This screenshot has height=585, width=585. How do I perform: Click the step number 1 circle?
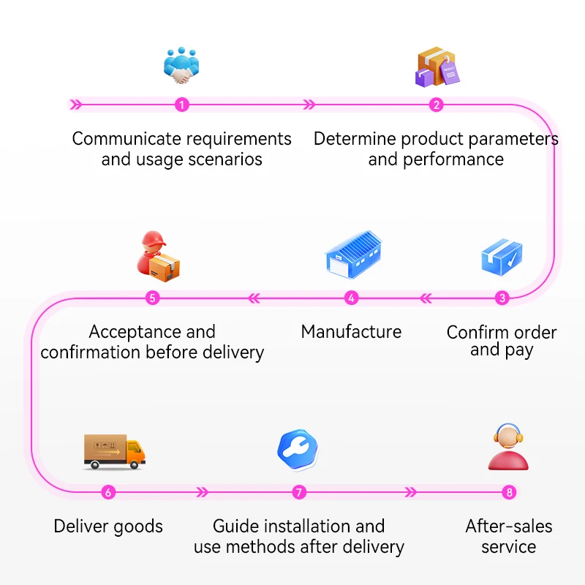[x=182, y=105]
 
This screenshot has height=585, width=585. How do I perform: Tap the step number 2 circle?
[x=437, y=105]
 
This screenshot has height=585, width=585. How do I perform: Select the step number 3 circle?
[x=502, y=298]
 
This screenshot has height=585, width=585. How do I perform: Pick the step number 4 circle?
[x=352, y=298]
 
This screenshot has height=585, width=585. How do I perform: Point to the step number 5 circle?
[x=152, y=298]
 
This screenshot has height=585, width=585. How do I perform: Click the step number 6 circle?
[x=108, y=492]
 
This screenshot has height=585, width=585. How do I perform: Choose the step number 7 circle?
[x=298, y=492]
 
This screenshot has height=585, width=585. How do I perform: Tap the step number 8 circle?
[x=510, y=492]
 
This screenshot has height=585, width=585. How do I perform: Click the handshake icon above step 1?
[x=181, y=66]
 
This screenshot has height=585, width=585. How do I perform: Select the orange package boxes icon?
[x=437, y=68]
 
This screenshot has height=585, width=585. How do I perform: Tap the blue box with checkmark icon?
[x=502, y=257]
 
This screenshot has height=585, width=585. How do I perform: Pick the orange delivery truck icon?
[x=114, y=451]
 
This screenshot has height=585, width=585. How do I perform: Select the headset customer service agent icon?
[x=508, y=448]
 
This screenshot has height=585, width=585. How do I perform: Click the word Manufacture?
[x=351, y=332]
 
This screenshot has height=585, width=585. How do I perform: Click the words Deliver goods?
[x=108, y=526]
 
